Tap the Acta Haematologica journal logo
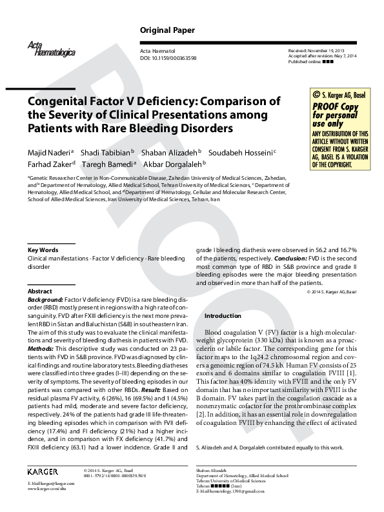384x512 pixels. point(43,47)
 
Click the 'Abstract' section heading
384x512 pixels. point(40,291)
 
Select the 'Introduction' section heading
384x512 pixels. point(223,316)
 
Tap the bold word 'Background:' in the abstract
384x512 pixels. point(45,300)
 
